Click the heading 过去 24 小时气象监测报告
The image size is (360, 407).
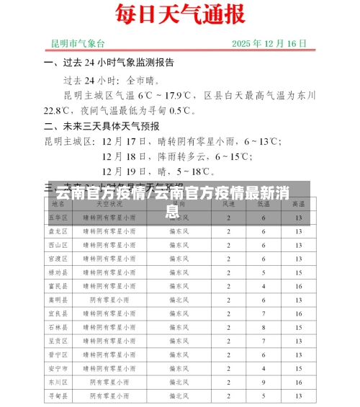[x=118, y=63]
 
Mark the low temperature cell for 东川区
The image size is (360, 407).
[x=264, y=382]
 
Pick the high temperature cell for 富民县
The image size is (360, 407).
[x=297, y=286]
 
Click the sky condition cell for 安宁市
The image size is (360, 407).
[x=109, y=368]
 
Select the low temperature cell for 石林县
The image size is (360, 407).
[x=264, y=327]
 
